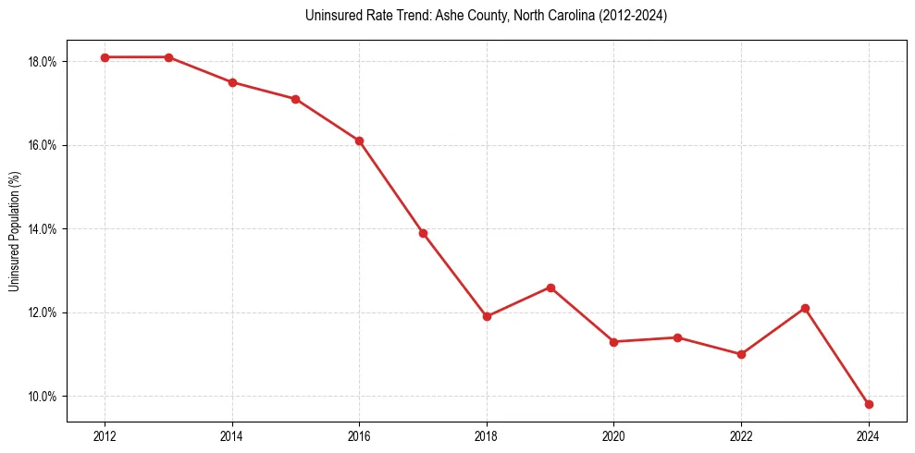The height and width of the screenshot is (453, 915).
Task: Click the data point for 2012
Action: click(x=105, y=57)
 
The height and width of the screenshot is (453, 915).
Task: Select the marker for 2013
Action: click(x=168, y=57)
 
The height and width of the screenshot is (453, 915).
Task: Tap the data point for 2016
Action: click(x=359, y=141)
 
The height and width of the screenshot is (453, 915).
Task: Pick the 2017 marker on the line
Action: click(x=423, y=233)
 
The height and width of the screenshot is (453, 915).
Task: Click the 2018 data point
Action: click(x=487, y=316)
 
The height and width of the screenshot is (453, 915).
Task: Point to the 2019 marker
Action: click(x=550, y=288)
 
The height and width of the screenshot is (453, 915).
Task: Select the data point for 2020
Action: click(x=613, y=342)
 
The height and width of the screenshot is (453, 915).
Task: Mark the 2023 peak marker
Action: click(x=805, y=308)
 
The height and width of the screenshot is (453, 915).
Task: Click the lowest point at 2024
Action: click(x=869, y=404)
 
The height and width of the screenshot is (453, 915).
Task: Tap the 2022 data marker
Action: click(x=741, y=354)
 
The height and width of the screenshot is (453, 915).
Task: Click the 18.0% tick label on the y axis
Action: click(x=43, y=62)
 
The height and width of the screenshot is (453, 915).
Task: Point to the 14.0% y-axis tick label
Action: click(x=43, y=229)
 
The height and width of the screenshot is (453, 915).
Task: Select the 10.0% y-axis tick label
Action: click(x=43, y=397)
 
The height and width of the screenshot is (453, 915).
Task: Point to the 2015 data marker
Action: click(x=295, y=99)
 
